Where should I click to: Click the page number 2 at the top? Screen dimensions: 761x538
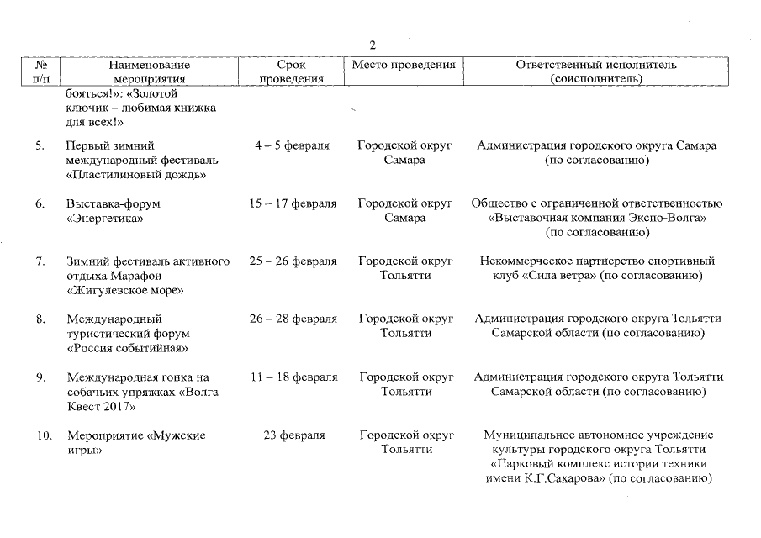point(373,45)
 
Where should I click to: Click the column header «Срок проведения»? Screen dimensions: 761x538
point(291,71)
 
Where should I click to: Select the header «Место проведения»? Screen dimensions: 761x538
point(404,65)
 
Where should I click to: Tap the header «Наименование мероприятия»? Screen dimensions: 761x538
point(149,71)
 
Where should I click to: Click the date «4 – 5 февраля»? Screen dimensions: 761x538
point(292,145)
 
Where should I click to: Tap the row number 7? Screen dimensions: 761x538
point(40,261)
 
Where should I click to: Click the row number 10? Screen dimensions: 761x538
point(44,435)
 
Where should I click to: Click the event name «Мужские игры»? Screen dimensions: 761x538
point(135,443)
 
